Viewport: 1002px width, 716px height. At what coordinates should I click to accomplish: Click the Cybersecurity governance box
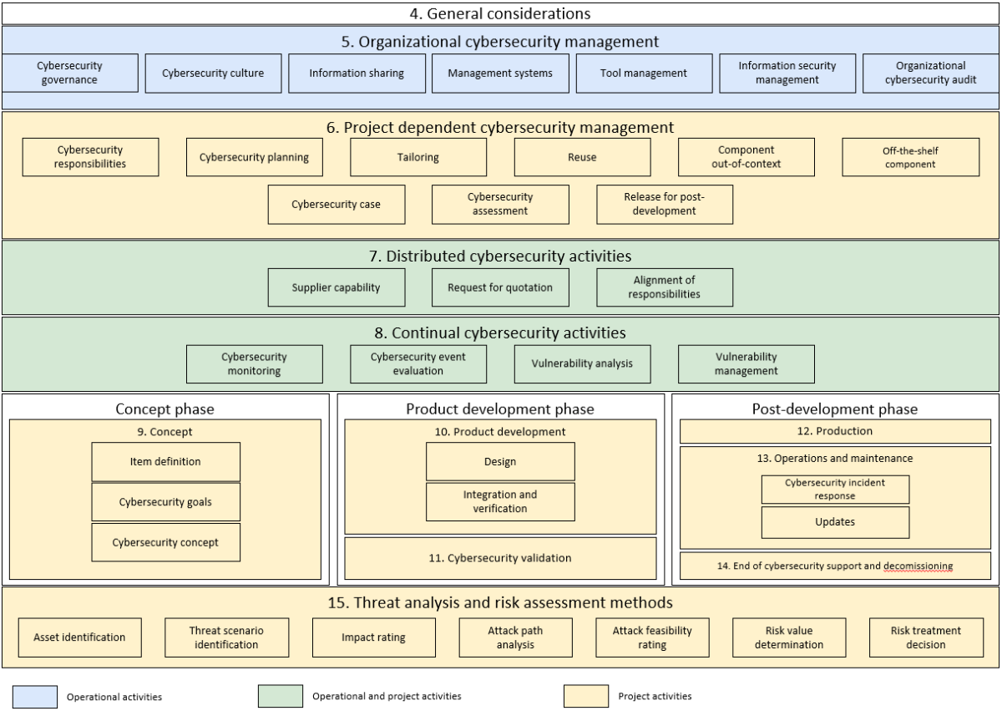67,73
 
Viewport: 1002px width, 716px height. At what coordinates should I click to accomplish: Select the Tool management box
643,73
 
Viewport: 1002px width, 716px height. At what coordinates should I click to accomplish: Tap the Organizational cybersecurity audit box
930,73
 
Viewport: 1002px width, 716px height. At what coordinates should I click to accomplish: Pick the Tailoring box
418,158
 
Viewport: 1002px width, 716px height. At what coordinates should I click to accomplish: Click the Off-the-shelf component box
911,158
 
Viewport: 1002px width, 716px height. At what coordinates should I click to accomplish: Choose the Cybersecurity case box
336,204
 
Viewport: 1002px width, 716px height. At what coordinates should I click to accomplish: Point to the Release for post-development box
665,204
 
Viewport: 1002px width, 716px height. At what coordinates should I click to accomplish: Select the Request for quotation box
500,287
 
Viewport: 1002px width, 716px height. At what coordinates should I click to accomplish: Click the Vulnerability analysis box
582,364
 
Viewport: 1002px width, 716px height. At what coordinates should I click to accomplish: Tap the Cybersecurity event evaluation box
418,364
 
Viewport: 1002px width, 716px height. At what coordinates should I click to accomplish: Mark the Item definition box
165,461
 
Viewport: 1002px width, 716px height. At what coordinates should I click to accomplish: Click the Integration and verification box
500,501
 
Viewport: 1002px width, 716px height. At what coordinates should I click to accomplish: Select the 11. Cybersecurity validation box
500,557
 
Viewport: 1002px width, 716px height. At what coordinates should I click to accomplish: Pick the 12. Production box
835,431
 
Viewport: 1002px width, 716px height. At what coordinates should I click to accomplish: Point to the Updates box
835,522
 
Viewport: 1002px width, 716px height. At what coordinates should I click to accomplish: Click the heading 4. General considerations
500,13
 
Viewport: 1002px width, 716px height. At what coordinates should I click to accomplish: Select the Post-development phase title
835,409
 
